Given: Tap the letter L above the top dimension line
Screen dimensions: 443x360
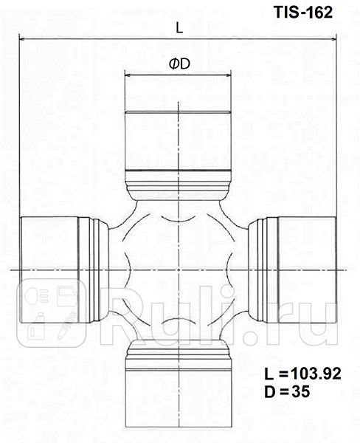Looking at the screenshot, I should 179,27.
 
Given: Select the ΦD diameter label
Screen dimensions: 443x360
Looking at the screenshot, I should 179,64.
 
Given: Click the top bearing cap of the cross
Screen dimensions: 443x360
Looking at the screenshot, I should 179,140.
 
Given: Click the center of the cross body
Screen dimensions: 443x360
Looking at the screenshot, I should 179,270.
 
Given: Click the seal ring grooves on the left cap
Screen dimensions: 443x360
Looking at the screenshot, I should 89,270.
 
